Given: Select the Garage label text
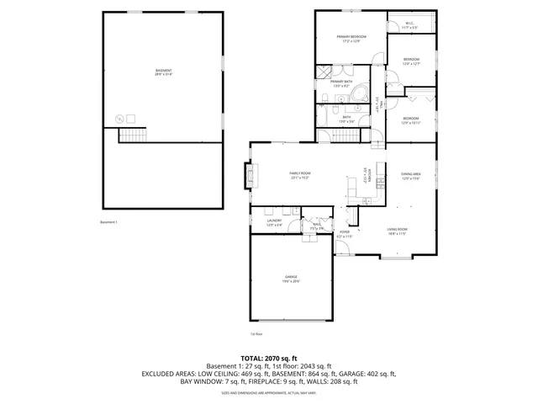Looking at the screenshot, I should [291, 279].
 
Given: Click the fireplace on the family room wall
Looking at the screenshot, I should [247, 175].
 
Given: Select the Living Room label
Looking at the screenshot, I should [397, 231].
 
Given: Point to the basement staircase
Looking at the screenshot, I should [131, 136].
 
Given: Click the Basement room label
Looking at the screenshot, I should [163, 72].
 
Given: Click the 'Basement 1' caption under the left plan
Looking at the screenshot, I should [109, 222].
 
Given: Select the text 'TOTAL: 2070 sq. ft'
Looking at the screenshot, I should [269, 358].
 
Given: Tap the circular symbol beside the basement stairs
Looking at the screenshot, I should [119, 118].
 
